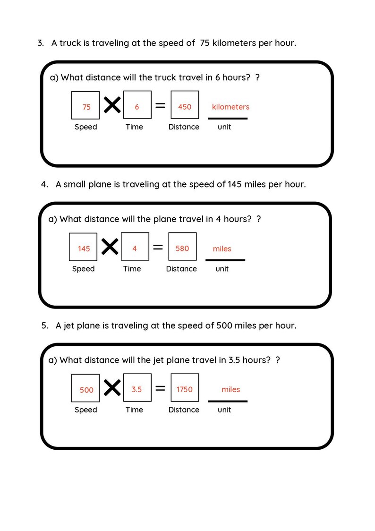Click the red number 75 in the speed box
[x=86, y=107]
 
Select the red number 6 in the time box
[x=137, y=107]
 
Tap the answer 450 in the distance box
[x=185, y=107]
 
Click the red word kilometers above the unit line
[x=230, y=107]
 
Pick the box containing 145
[x=84, y=247]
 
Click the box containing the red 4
[x=135, y=247]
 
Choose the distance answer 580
[x=182, y=248]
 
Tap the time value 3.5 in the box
[x=137, y=389]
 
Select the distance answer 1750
[x=185, y=389]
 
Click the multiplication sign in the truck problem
[x=112, y=105]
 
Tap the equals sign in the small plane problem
[x=158, y=247]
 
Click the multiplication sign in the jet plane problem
[x=112, y=388]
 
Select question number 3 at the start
[x=41, y=43]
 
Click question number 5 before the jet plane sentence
[x=44, y=325]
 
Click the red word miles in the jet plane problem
[x=231, y=389]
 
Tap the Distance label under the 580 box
[x=181, y=269]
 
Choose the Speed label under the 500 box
[x=85, y=410]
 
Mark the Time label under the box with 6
[x=134, y=127]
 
